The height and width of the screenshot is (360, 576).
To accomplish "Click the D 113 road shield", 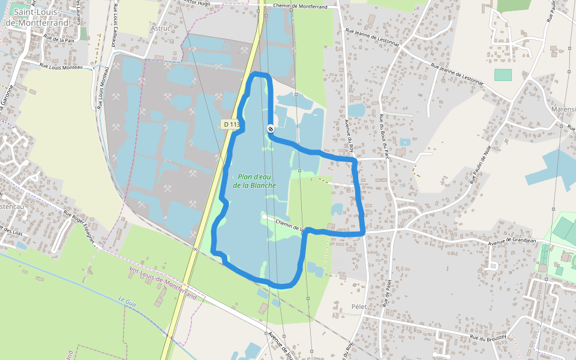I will point(230,124).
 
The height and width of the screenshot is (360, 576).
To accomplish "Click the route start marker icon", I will point(271,128).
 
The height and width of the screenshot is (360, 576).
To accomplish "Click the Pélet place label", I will point(359,307).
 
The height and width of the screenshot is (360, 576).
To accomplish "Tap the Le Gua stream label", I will point(128,302).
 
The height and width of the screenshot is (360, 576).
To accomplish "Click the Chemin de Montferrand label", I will point(300,6).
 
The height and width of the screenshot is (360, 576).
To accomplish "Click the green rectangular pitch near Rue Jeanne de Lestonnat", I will point(503,75).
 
